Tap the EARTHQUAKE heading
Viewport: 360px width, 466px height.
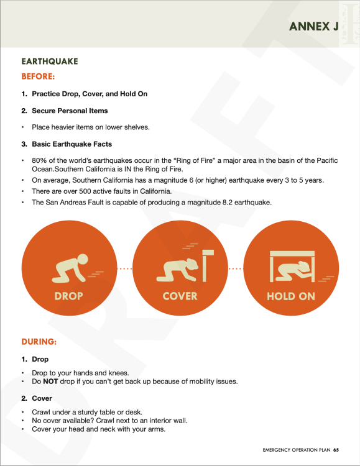[x=49, y=62]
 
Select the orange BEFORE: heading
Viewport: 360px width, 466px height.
[x=39, y=76]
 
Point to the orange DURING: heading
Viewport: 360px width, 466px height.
[x=39, y=342]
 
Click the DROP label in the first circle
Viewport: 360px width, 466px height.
[x=68, y=296]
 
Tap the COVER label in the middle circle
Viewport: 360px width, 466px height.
[x=180, y=296]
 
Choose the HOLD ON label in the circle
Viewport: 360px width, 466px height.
[x=290, y=296]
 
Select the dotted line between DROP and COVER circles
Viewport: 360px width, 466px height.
[x=124, y=268]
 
